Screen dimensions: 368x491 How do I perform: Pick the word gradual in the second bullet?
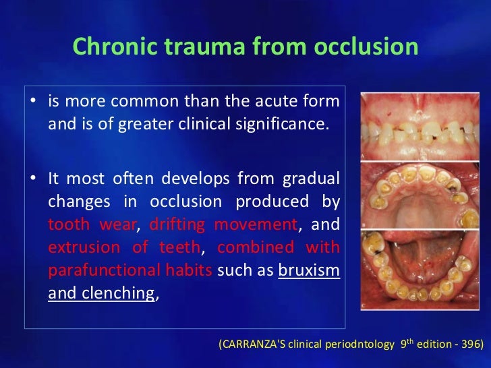coord(310,179)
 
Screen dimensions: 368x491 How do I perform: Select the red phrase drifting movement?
coord(223,224)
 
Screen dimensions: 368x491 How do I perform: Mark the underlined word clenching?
coord(115,293)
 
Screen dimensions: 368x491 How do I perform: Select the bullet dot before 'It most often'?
coord(32,179)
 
